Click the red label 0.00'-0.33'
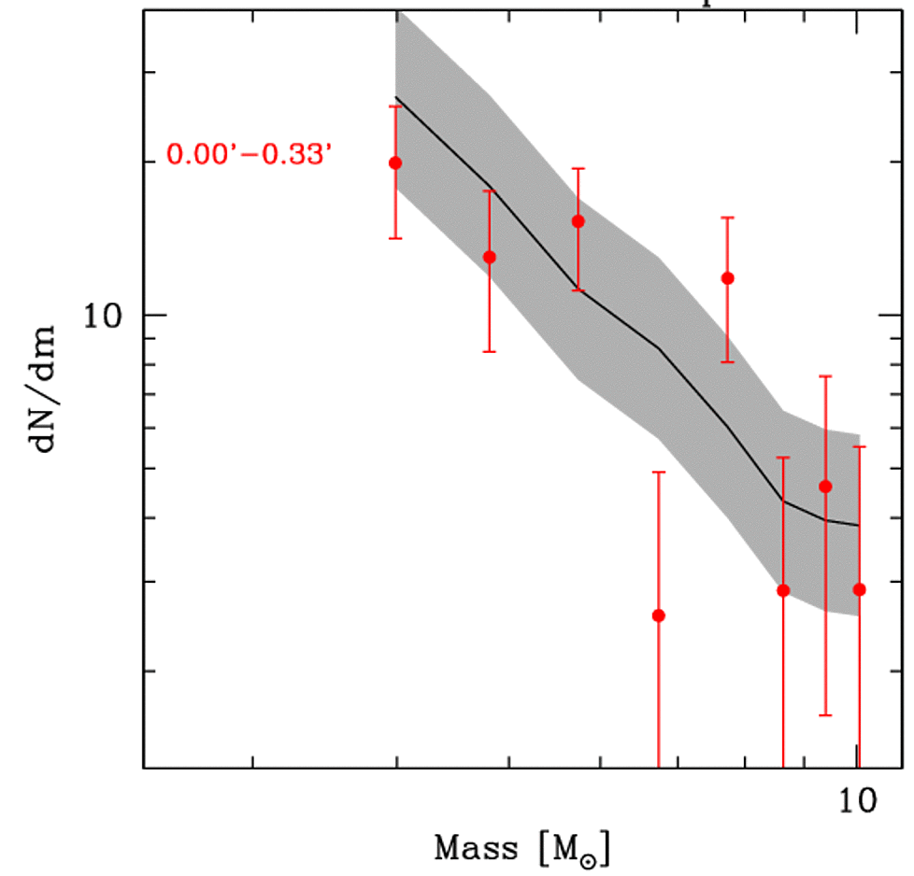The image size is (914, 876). pos(250,153)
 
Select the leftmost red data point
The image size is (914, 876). pos(395,162)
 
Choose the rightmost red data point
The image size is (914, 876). pos(859,589)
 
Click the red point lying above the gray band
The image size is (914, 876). pos(728,277)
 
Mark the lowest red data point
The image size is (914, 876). pos(658,615)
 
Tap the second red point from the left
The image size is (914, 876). pos(489,257)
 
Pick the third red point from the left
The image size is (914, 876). pos(578,221)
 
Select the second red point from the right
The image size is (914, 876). pos(825,486)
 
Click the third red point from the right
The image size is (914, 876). pos(783,590)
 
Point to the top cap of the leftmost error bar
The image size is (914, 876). pos(395,106)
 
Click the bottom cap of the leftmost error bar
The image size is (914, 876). pos(395,238)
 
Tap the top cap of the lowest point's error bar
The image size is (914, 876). pos(658,473)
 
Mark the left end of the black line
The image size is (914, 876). pos(395,96)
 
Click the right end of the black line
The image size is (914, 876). pos(859,526)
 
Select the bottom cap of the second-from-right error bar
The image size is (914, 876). pos(825,715)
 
